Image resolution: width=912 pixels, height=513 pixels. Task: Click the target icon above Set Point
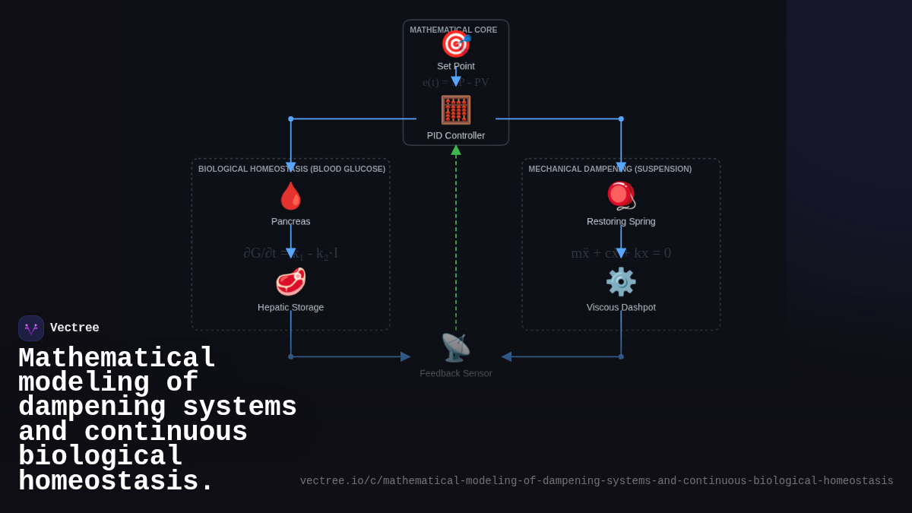click(456, 44)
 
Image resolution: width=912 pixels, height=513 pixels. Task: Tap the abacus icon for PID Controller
click(456, 110)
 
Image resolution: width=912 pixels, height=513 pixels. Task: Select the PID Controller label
click(456, 135)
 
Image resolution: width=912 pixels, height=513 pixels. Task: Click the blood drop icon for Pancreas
click(290, 196)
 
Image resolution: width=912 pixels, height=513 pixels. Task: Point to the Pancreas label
click(290, 221)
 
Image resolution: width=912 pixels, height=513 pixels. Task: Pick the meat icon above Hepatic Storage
click(290, 282)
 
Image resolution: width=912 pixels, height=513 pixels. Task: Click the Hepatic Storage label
click(290, 307)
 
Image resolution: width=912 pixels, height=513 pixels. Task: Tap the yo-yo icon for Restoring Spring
click(621, 195)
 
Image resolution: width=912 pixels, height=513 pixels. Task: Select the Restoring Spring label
click(621, 221)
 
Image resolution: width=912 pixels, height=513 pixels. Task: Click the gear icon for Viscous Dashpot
click(621, 282)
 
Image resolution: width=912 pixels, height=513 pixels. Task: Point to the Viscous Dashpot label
click(621, 307)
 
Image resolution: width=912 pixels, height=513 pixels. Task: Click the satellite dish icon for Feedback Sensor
click(456, 348)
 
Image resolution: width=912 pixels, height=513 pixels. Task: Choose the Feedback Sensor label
click(456, 373)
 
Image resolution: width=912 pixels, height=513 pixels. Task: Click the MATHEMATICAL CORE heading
click(454, 30)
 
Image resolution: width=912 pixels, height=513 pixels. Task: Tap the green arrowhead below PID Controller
click(456, 150)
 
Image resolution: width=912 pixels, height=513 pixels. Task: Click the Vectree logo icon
click(31, 328)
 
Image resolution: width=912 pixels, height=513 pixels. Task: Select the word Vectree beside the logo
click(74, 328)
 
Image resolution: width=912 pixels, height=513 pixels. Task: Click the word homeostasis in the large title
click(116, 482)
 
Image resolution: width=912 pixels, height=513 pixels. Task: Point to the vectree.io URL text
click(597, 481)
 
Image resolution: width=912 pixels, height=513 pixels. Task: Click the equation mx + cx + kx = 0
click(621, 253)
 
